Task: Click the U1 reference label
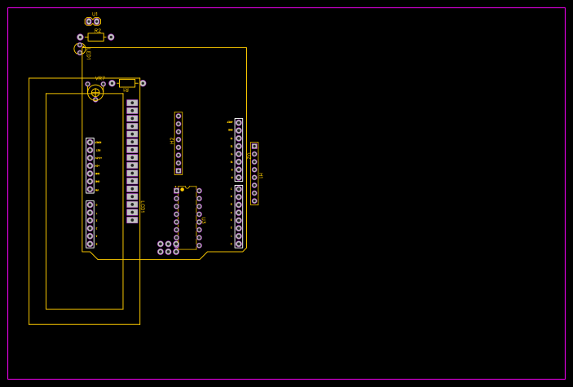95,14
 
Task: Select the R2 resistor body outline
95,37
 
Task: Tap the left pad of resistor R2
80,37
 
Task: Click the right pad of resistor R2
111,37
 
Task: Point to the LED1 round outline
80,49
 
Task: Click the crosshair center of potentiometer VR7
95,92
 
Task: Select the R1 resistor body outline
127,83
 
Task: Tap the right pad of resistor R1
143,83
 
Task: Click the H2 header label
172,140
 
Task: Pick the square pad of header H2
179,170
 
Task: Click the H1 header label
261,174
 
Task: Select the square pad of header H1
254,147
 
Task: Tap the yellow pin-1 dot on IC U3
182,190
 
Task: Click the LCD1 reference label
143,206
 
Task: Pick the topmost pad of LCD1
132,103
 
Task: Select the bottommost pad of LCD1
132,220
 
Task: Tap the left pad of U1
89,21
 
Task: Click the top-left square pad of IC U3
176,191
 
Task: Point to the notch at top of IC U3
187,187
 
